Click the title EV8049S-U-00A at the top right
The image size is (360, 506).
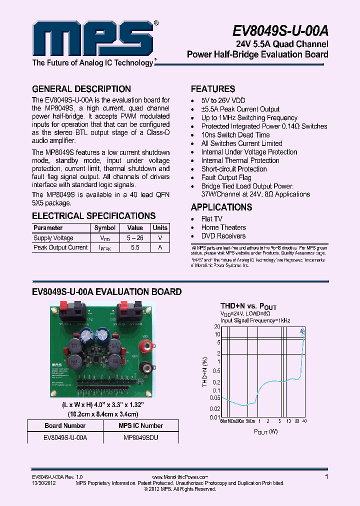280,31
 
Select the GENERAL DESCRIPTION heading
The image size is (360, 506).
81,89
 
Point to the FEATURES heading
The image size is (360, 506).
213,89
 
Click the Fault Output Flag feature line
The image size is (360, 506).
226,177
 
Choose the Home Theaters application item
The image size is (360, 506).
223,227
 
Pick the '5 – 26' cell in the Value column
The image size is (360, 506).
135,238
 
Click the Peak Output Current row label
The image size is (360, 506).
60,247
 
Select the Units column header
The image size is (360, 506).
160,228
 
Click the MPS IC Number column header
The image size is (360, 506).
140,426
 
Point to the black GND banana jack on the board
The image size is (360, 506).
146,368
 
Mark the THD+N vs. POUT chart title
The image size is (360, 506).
248,306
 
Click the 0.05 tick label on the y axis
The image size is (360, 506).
215,398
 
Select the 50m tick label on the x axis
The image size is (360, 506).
251,421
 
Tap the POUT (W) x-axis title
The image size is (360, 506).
265,431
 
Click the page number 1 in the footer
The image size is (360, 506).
326,477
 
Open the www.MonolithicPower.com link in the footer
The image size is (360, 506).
179,477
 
